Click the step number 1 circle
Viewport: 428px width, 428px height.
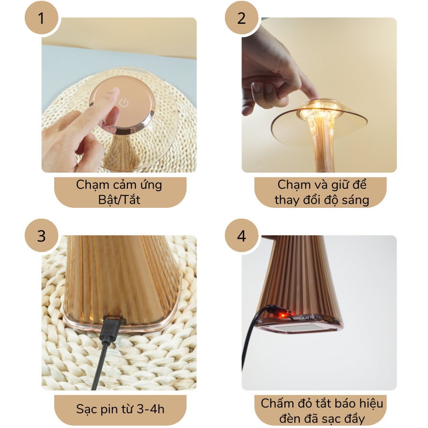tap(41, 18)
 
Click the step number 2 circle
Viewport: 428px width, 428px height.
tap(242, 18)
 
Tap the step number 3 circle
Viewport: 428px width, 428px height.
tap(41, 235)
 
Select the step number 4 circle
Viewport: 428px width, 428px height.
tap(242, 235)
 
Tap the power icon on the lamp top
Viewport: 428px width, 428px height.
tap(124, 103)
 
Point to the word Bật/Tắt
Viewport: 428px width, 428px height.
tap(119, 200)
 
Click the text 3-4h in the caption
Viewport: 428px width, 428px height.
tap(150, 409)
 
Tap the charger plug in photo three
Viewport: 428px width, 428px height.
tap(111, 329)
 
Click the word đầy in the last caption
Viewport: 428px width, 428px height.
tap(354, 418)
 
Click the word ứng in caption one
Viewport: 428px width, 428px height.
tap(151, 185)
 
